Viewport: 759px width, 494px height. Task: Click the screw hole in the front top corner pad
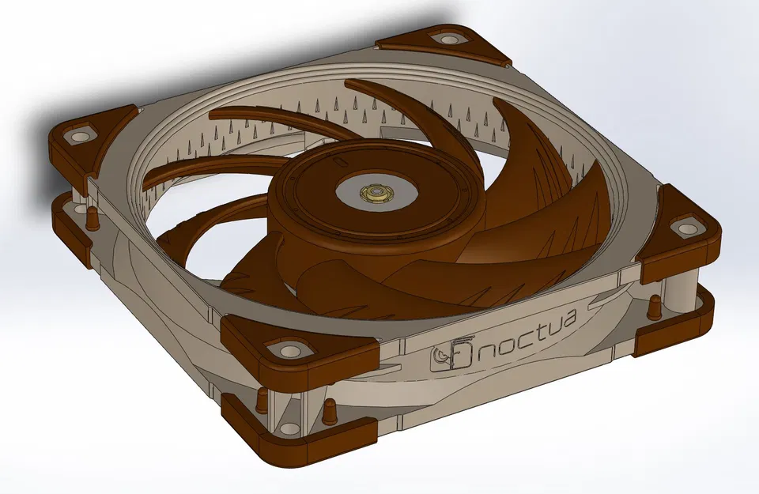285,349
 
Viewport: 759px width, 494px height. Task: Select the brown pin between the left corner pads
93,215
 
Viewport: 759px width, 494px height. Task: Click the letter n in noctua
488,349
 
